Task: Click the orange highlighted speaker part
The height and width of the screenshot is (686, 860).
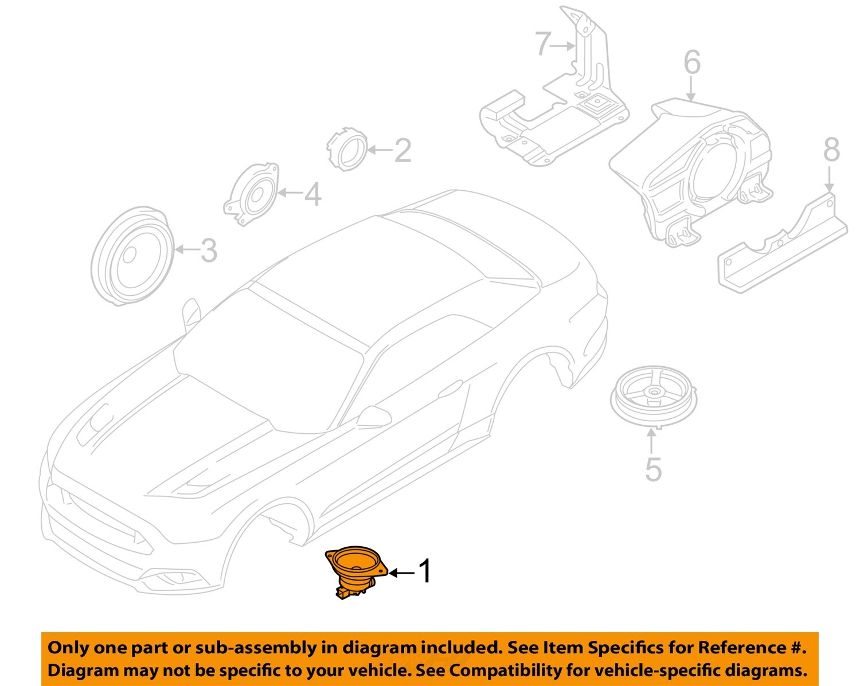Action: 355,570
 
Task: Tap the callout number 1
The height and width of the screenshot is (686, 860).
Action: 424,571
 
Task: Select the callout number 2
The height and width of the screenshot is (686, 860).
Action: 402,150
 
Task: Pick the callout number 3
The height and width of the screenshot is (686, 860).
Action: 209,250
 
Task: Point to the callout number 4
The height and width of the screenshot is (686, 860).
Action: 312,194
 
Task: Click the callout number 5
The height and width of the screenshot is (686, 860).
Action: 653,469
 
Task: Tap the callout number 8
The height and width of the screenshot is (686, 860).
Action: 831,150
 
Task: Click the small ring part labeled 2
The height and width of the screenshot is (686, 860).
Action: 346,150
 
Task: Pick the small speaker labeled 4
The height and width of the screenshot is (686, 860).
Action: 252,195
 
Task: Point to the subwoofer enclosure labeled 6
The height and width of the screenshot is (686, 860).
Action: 694,172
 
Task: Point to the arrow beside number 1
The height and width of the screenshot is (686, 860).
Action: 401,573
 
